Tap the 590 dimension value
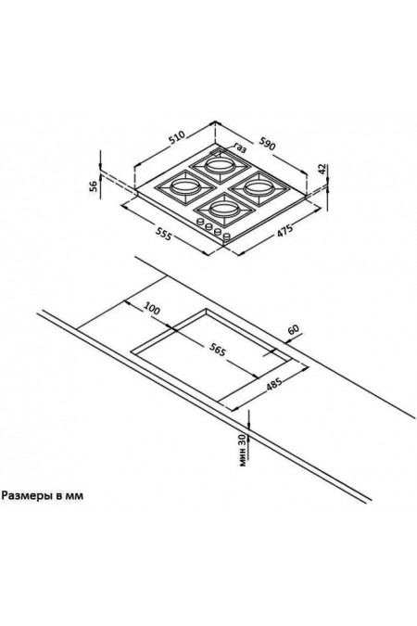pos(268,144)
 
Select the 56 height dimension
pos(94,185)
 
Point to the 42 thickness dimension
pos(322,169)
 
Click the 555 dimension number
pos(163,234)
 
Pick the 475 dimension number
pos(284,231)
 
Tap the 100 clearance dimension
pos(152,309)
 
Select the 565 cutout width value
pos(218,349)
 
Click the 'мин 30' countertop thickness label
pos(242,450)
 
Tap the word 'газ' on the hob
pos(240,148)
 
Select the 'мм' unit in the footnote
pos(75,497)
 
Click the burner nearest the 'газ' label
pos(218,165)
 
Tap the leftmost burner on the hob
pos(184,186)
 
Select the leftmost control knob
pos(200,223)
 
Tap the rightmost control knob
pos(227,237)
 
